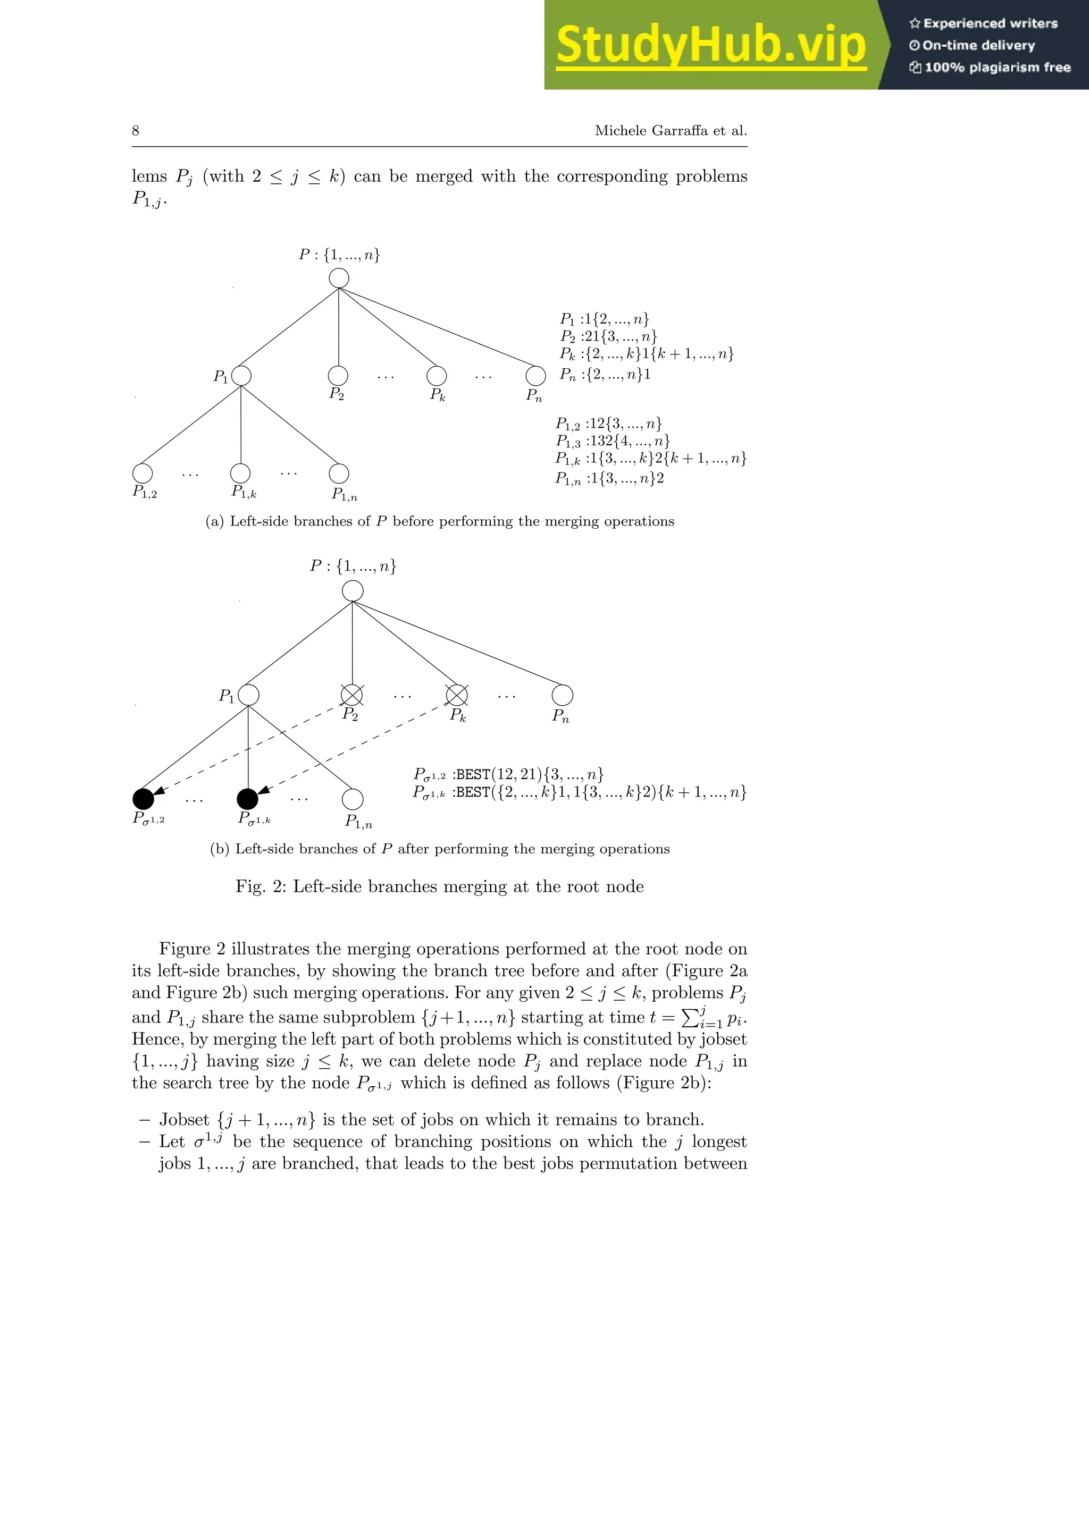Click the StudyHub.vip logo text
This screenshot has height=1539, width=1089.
pyautogui.click(x=711, y=45)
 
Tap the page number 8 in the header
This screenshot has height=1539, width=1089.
pyautogui.click(x=136, y=131)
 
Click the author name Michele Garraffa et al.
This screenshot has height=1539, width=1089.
pyautogui.click(x=671, y=131)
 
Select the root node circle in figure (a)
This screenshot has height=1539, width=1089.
pyautogui.click(x=339, y=277)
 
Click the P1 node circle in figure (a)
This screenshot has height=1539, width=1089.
pyautogui.click(x=241, y=376)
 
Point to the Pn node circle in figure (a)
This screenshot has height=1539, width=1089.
pyautogui.click(x=535, y=376)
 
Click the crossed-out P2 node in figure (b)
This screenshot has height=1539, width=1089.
pyautogui.click(x=352, y=695)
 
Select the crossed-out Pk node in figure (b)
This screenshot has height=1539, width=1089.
pyautogui.click(x=457, y=695)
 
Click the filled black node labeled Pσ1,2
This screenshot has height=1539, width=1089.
pyautogui.click(x=143, y=798)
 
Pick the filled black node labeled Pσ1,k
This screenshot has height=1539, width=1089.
pyautogui.click(x=247, y=798)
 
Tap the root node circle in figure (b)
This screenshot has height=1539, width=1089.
pyautogui.click(x=353, y=591)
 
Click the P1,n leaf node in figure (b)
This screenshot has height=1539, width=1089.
pyautogui.click(x=353, y=799)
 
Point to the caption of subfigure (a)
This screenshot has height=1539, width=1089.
pyautogui.click(x=440, y=521)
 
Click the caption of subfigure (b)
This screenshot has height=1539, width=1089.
pyautogui.click(x=440, y=849)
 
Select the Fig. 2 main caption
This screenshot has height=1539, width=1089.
pyautogui.click(x=440, y=887)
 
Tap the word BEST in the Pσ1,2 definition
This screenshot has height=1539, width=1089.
pyautogui.click(x=473, y=775)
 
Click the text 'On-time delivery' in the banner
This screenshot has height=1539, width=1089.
pyautogui.click(x=978, y=46)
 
